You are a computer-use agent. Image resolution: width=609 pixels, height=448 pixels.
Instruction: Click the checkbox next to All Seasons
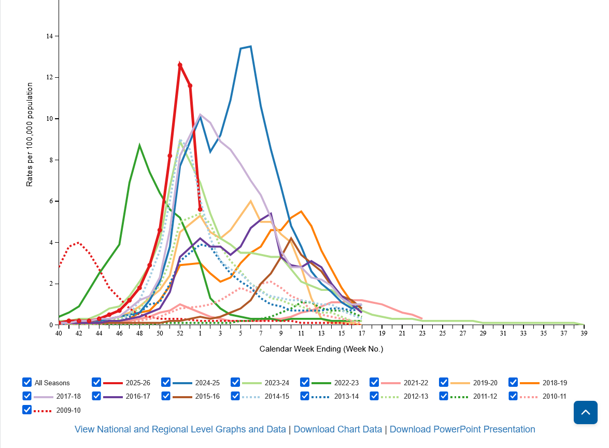27,382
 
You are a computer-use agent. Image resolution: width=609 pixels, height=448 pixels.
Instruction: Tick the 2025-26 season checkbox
96,382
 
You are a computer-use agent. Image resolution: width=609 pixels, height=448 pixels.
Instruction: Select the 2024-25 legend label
207,383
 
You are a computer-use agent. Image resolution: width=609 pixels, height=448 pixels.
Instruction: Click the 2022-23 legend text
346,383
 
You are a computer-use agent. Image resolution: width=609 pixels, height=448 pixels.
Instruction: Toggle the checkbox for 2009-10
27,410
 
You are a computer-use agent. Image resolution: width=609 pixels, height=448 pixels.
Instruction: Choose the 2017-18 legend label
68,397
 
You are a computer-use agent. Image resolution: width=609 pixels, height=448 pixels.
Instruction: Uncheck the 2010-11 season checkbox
513,396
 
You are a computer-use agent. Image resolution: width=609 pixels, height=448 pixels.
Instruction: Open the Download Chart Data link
337,429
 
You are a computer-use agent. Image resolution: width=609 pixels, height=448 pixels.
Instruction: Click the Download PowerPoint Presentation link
462,429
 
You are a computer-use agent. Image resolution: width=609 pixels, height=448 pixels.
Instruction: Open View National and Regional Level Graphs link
180,429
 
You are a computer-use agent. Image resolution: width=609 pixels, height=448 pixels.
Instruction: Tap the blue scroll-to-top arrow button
585,413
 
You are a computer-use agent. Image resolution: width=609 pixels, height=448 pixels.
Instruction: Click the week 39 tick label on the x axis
584,333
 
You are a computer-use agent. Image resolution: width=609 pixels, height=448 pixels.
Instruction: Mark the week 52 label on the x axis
180,333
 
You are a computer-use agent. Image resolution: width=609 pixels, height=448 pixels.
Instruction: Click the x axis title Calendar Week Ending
321,349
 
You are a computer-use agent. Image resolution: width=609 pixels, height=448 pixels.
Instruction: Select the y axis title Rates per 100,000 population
30,135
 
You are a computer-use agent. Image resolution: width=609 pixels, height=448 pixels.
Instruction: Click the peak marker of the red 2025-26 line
180,65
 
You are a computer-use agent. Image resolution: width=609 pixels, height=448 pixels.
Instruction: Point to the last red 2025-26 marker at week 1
200,209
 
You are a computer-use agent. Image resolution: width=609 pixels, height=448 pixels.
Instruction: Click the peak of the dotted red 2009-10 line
79,242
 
